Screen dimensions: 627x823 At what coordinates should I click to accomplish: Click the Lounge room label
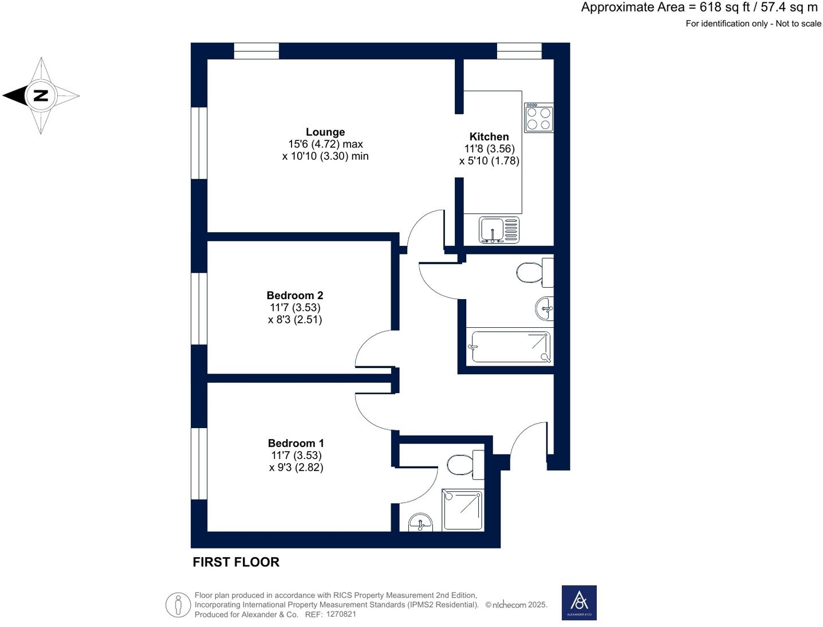(325, 132)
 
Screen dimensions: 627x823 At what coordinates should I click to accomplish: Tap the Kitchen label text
(489, 136)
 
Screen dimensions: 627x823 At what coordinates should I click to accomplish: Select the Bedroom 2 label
(295, 295)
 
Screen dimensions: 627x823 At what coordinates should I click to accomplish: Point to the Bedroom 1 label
(296, 443)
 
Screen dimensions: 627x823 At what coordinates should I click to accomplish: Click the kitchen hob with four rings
(538, 118)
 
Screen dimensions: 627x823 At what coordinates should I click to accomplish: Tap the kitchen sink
(499, 230)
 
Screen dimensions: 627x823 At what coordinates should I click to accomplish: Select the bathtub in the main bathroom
(510, 347)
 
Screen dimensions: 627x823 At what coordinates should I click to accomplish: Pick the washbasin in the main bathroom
(545, 309)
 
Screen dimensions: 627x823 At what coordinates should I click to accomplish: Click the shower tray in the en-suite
(462, 510)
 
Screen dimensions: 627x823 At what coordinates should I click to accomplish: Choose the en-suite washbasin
(421, 522)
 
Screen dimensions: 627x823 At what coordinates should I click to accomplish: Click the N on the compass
(40, 95)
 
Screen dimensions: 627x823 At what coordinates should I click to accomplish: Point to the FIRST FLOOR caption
(236, 562)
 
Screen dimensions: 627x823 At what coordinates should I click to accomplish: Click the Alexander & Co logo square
(579, 602)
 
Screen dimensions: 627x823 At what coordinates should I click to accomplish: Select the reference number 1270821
(341, 614)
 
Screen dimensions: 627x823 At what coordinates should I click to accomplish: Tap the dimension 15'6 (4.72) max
(325, 144)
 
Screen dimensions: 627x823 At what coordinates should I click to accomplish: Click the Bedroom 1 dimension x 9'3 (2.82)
(296, 467)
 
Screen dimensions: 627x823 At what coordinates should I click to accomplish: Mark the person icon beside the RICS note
(178, 605)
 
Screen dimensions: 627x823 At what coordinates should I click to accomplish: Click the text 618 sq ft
(724, 7)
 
